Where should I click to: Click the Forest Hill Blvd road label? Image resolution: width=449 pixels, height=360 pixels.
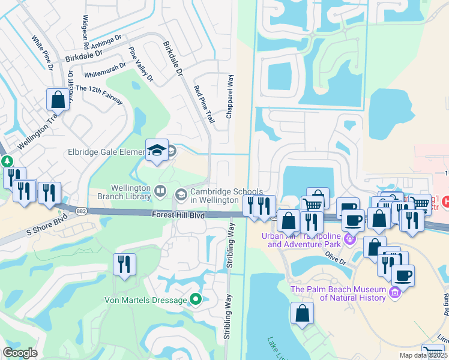pos(178,214)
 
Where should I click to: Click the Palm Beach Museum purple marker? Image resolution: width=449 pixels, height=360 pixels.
pos(394,292)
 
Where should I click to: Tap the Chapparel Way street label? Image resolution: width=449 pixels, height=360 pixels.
pos(229,96)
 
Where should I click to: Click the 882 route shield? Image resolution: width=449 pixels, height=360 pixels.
pos(81,209)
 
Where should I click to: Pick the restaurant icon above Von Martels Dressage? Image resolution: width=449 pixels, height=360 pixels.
pos(124,265)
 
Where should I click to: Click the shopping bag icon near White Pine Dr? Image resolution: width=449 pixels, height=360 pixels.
pos(58,99)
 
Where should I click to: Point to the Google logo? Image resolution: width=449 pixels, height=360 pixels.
pos(20,353)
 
